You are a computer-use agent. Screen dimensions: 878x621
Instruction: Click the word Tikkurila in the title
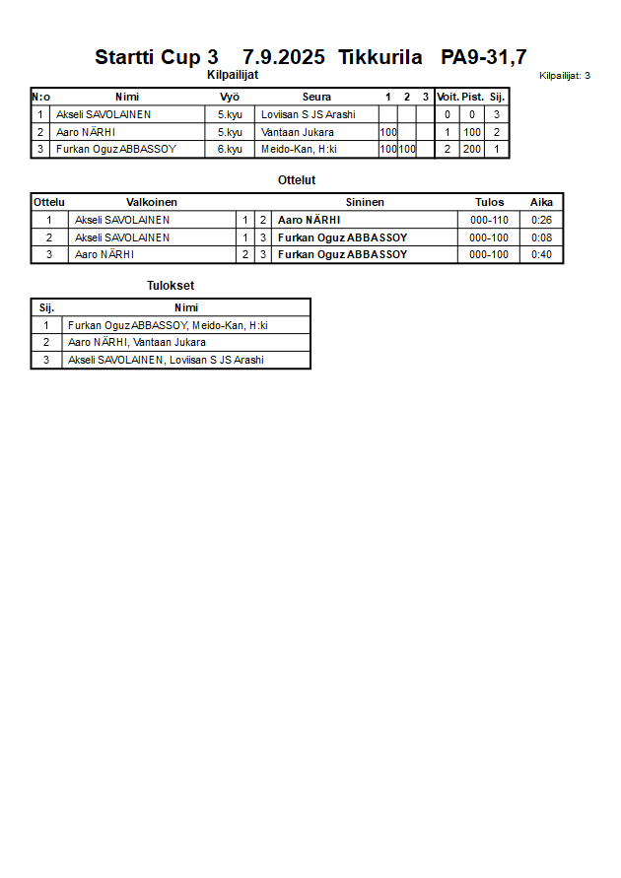379,57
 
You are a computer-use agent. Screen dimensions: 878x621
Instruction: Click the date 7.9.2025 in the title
283,57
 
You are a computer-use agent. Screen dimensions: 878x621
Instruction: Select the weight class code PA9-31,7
483,57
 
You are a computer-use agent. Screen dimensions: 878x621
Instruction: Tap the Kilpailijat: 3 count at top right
564,76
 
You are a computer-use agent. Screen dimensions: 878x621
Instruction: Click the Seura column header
316,97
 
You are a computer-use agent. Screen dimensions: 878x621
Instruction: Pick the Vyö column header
230,97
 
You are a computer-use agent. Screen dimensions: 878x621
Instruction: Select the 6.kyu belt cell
230,150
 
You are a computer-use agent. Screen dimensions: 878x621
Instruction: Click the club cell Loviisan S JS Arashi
308,114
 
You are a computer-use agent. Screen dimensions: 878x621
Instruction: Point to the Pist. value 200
472,150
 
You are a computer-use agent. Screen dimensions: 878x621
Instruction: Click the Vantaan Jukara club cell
298,132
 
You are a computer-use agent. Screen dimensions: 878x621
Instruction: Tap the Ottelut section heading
296,180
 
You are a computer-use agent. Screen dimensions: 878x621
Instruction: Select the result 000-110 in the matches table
489,220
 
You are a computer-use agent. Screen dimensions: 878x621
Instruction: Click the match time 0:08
541,237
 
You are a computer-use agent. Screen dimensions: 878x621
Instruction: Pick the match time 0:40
541,255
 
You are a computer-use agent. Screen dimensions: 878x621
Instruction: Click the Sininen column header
365,202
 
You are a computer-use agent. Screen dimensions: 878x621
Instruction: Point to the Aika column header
541,202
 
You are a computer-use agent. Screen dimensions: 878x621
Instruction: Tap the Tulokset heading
171,286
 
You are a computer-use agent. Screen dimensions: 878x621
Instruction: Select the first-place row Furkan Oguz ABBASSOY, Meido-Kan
168,325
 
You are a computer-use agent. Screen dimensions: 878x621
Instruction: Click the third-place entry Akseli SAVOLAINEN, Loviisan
166,361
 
